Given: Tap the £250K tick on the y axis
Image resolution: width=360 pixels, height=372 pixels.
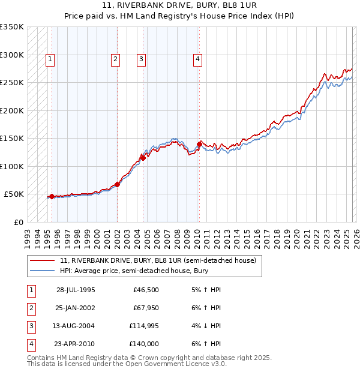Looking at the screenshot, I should (x=12, y=83).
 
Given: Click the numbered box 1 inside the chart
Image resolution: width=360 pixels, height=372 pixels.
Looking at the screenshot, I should (x=49, y=59).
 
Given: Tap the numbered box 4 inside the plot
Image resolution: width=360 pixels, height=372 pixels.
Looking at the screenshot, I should (x=197, y=59).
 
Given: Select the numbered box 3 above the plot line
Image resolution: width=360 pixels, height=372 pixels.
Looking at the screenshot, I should (x=140, y=59).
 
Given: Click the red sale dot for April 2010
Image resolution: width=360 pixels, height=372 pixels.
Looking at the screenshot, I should (x=199, y=144).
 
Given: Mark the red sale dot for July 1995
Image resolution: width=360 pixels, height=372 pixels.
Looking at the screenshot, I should (x=52, y=196).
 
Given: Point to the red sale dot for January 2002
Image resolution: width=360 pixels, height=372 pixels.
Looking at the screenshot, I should (x=117, y=184).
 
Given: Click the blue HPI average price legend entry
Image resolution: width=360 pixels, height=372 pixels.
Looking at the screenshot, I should (x=133, y=271).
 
